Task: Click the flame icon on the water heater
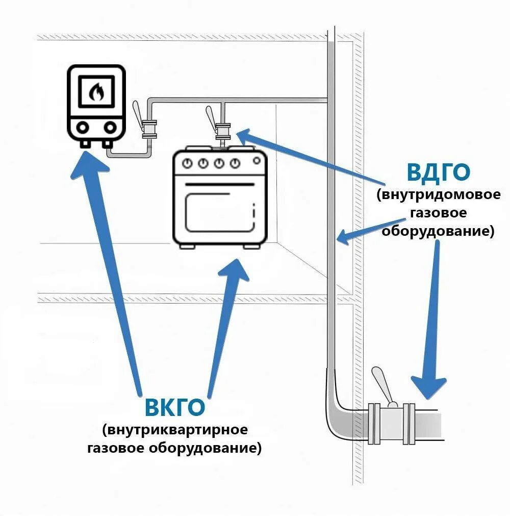coord(96,92)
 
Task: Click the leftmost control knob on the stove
coord(188,163)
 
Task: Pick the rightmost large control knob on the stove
coord(235,163)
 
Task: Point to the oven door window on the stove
coord(219,211)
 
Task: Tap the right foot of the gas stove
coord(252,246)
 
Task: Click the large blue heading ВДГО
coord(438,173)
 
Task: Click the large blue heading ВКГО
coord(175,407)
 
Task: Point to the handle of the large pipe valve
coord(382,383)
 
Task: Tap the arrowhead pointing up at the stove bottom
coord(236,271)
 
